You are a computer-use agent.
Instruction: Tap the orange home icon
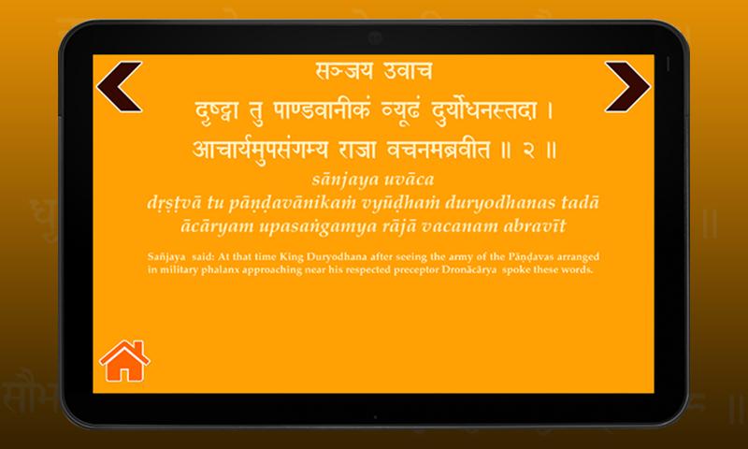124,361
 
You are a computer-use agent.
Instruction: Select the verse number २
528,150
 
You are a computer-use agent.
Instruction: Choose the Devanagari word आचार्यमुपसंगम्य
261,150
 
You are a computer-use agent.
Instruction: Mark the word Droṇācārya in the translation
469,269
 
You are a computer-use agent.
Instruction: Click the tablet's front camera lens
375,38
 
